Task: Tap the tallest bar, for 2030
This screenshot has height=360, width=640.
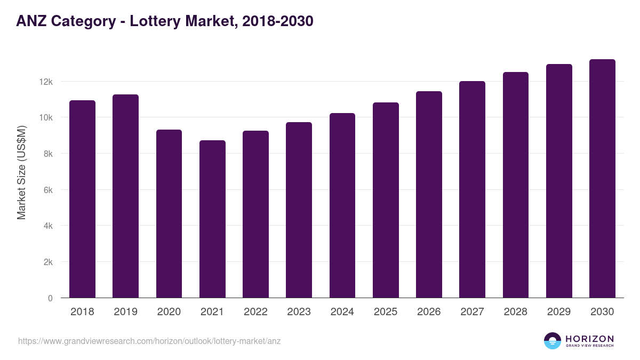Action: (x=602, y=179)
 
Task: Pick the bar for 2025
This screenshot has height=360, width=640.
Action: (x=386, y=200)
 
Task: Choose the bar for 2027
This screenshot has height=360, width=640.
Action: (x=472, y=189)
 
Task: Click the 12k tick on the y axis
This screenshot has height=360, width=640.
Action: (x=45, y=82)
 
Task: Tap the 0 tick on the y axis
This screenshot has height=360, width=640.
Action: (x=50, y=298)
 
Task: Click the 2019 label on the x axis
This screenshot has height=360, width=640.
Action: (x=125, y=312)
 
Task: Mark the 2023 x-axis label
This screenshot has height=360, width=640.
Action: (x=299, y=312)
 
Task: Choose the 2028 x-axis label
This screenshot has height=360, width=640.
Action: (x=515, y=312)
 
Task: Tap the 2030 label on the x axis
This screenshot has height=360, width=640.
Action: (x=602, y=312)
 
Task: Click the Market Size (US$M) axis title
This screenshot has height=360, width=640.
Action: (x=21, y=172)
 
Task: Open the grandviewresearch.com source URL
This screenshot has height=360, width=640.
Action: (x=149, y=341)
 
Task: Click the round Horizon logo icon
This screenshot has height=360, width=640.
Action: (x=553, y=341)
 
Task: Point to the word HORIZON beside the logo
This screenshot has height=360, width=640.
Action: (x=589, y=339)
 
